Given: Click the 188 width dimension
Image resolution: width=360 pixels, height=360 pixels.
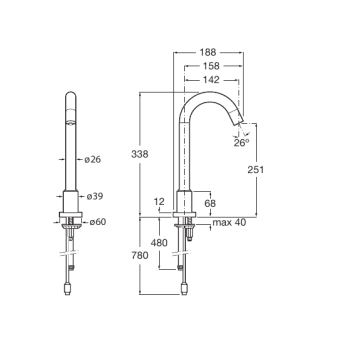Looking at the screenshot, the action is click(x=208, y=52).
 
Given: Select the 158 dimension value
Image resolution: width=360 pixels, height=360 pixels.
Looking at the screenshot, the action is click(x=211, y=66).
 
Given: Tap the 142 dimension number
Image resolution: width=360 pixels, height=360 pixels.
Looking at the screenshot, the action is click(x=211, y=80).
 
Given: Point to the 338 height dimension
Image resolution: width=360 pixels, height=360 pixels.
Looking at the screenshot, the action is click(x=140, y=154).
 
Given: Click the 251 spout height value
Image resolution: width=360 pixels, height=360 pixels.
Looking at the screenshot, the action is click(x=256, y=170).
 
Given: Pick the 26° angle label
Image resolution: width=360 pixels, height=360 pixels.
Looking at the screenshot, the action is click(x=241, y=143).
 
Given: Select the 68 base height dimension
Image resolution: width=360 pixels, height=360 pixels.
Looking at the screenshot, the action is click(x=210, y=203).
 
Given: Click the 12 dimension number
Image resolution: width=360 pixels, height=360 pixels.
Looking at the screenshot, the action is click(x=159, y=202).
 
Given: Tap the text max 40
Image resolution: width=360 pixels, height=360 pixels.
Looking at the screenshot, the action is click(x=229, y=222).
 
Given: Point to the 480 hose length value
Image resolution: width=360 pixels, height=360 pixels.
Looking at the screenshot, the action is click(x=159, y=243).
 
